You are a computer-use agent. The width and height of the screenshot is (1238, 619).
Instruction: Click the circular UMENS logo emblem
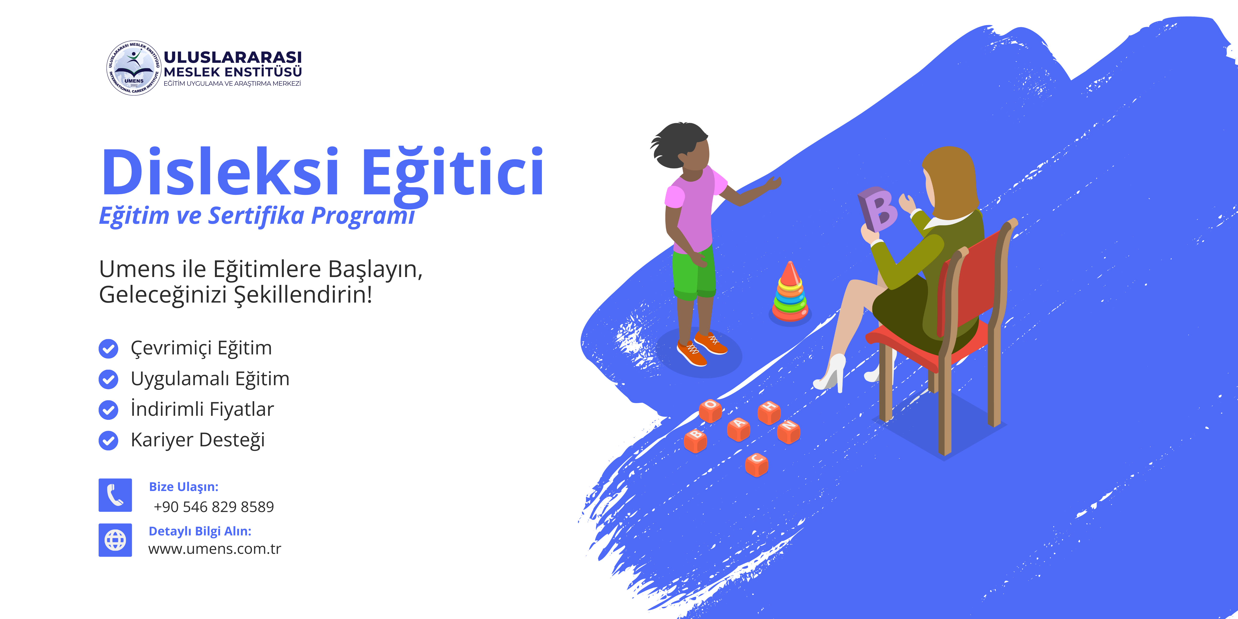133,68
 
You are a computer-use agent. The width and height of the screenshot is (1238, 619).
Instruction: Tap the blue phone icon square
115,495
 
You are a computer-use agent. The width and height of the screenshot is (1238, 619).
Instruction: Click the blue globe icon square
115,540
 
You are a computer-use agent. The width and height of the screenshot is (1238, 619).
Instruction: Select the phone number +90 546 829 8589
214,507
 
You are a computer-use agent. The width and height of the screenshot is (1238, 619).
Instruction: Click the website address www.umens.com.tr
215,549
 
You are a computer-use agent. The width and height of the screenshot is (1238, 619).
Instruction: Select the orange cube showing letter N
789,431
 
